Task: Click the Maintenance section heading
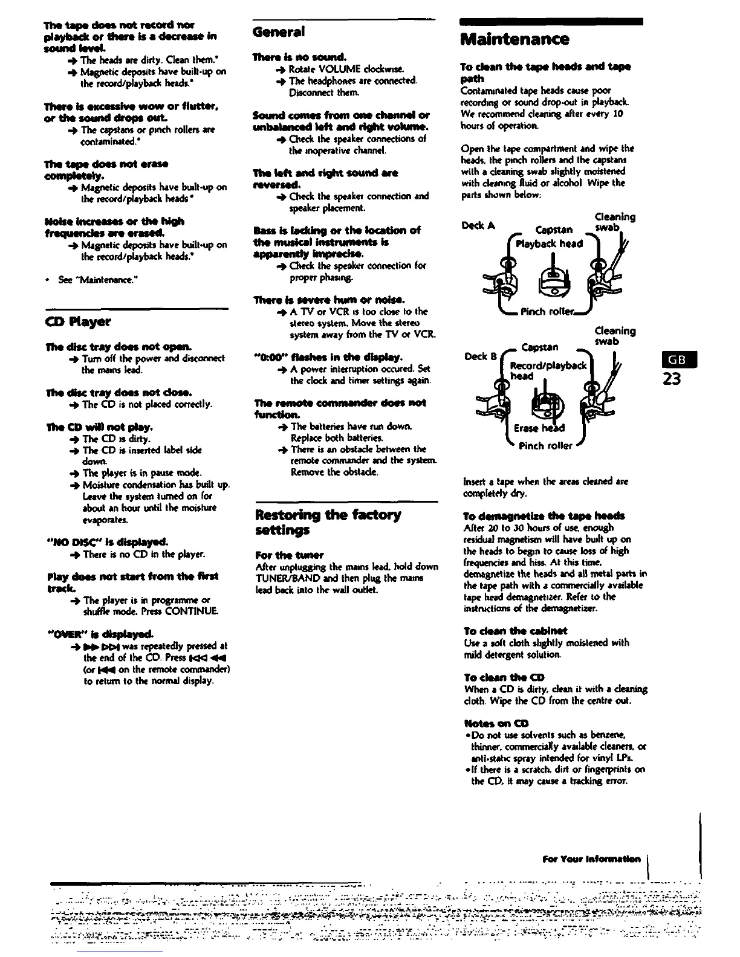514,40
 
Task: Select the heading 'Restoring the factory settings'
328,522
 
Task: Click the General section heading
278,31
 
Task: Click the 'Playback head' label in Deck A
549,243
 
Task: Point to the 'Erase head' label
539,428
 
